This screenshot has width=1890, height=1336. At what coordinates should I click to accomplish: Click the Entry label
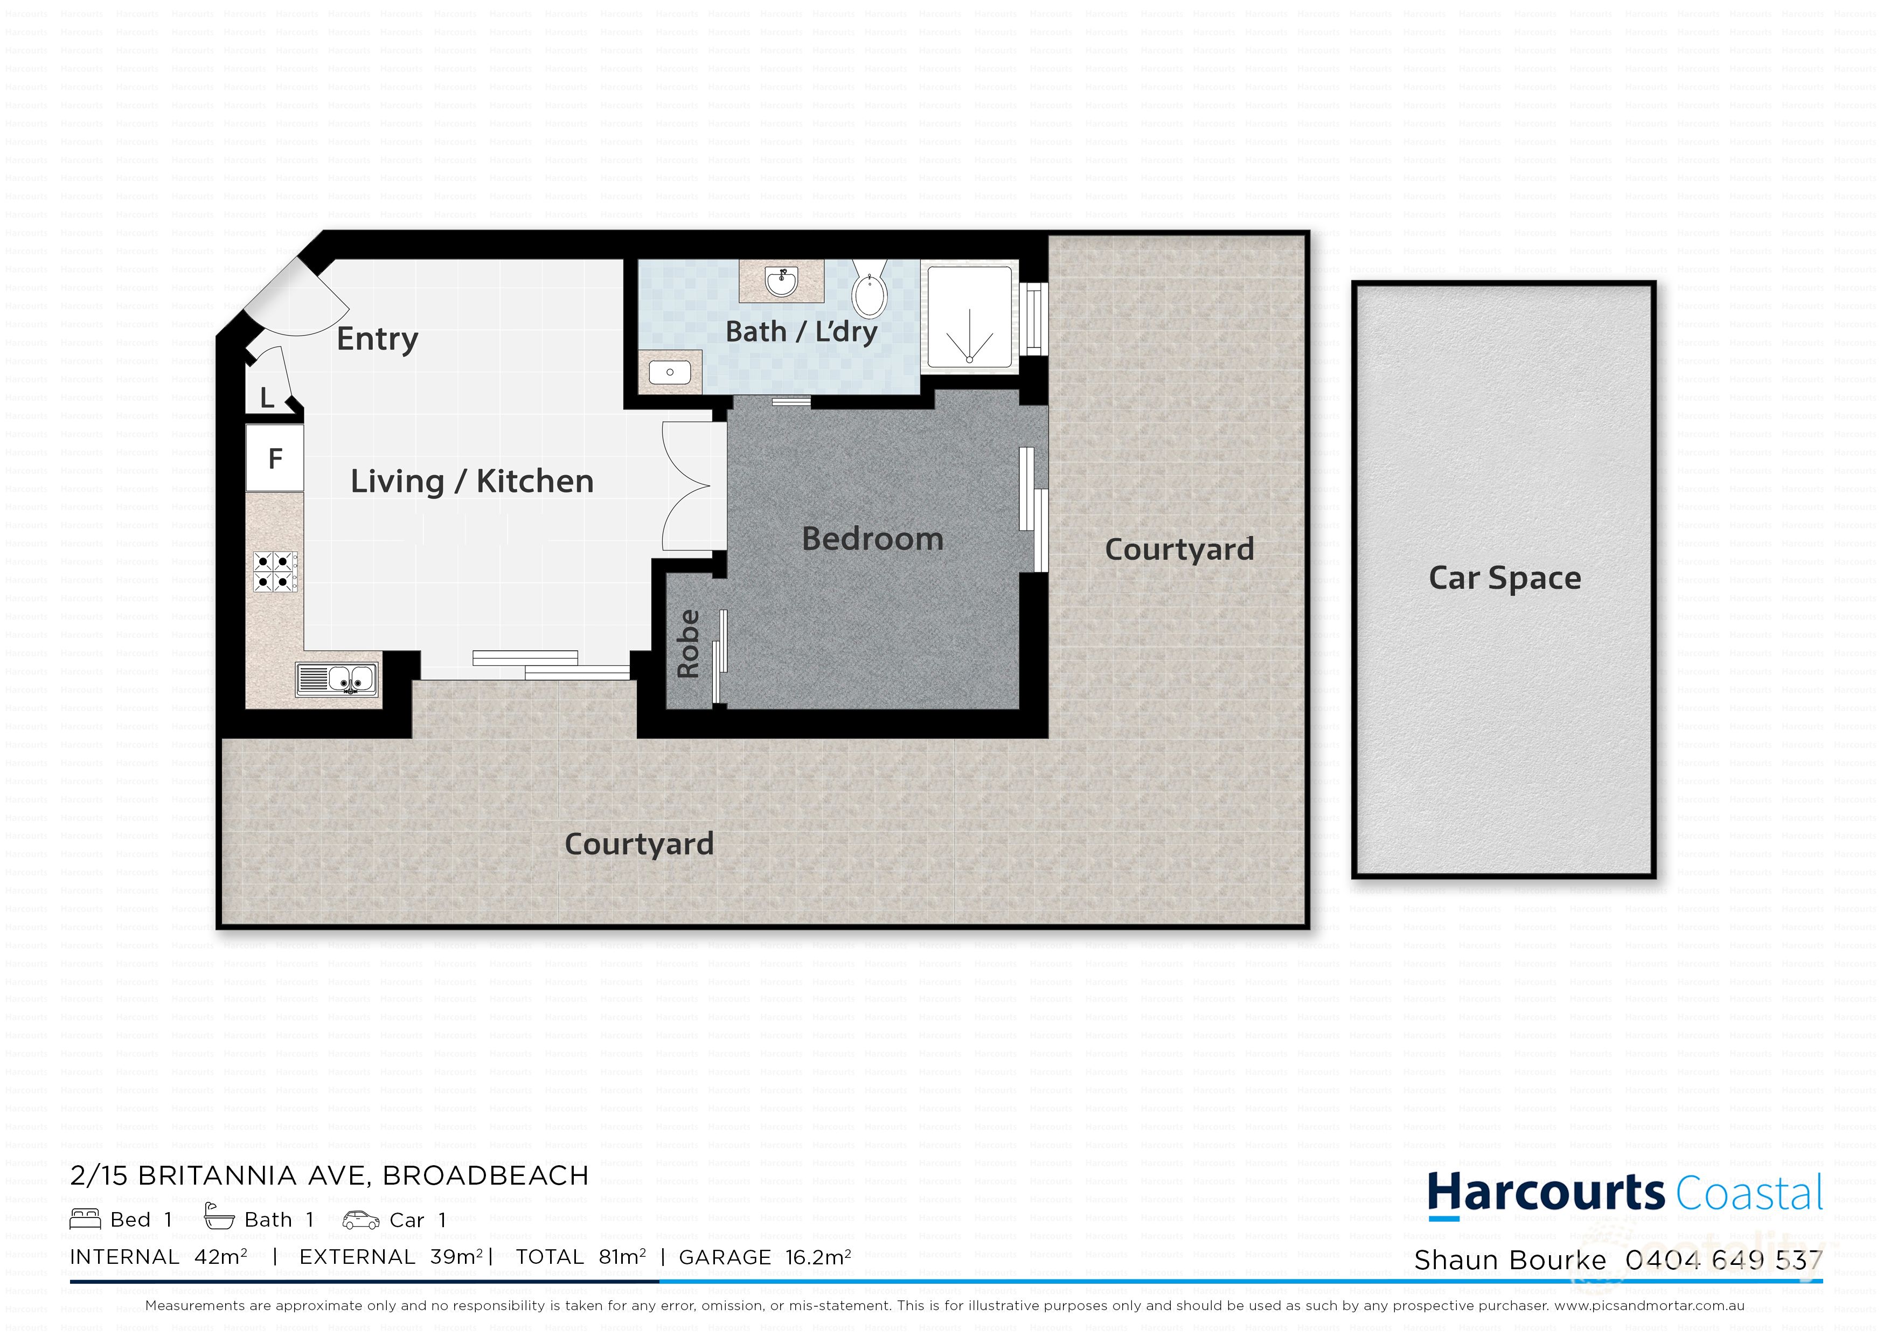pos(377,338)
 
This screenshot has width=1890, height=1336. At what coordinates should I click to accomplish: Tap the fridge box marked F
pos(275,458)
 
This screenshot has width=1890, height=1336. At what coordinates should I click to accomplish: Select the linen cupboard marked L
pos(268,398)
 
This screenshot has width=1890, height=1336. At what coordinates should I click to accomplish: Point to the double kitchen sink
pos(337,679)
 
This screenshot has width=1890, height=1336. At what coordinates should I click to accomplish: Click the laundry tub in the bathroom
pos(670,372)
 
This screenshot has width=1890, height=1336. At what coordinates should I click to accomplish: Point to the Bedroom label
pos(873,539)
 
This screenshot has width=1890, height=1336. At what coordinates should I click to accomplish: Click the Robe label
pos(688,644)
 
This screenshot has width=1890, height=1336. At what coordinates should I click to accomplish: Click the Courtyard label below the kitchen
pos(639,844)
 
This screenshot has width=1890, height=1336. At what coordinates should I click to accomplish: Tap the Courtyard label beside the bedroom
pos(1179,549)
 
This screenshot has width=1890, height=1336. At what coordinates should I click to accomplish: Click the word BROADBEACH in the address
pos(485,1175)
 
